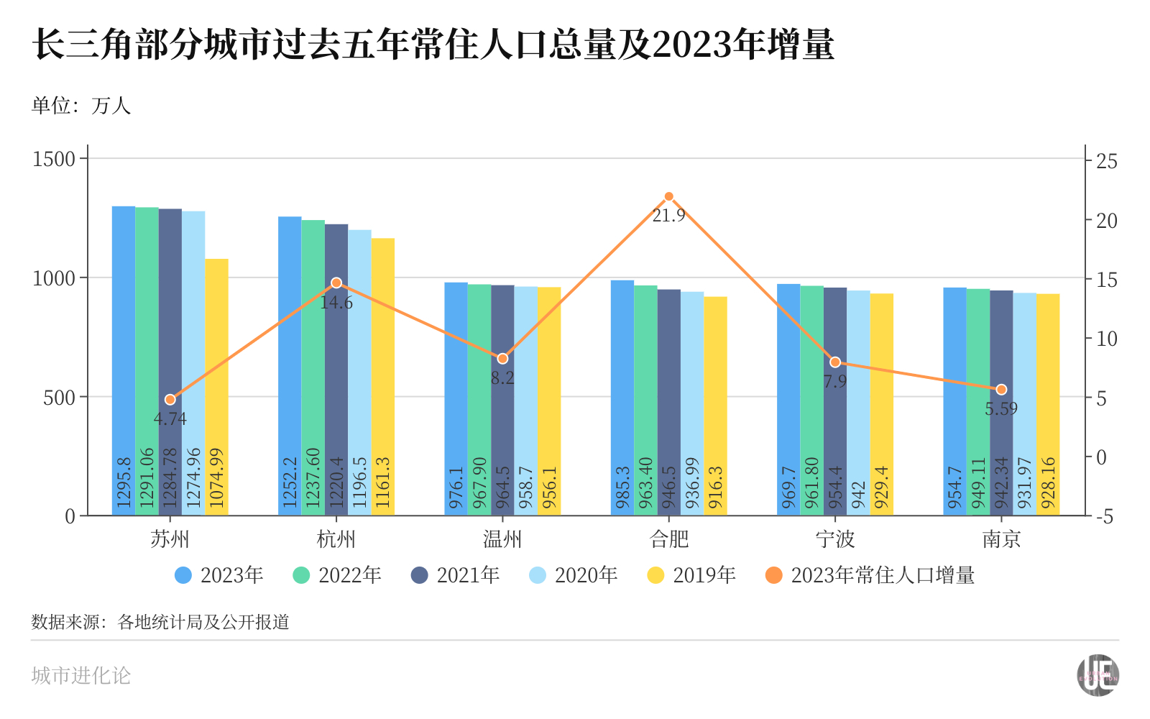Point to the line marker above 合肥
(x=668, y=196)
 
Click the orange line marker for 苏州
(x=170, y=400)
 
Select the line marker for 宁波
(x=835, y=362)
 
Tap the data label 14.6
(x=336, y=303)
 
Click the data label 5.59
(x=1001, y=409)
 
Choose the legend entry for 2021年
(x=455, y=575)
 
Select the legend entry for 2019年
(x=691, y=575)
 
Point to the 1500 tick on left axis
(x=54, y=159)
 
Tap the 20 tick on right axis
(x=1107, y=221)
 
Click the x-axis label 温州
(x=502, y=539)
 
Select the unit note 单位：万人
(x=81, y=106)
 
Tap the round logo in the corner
(x=1098, y=675)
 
